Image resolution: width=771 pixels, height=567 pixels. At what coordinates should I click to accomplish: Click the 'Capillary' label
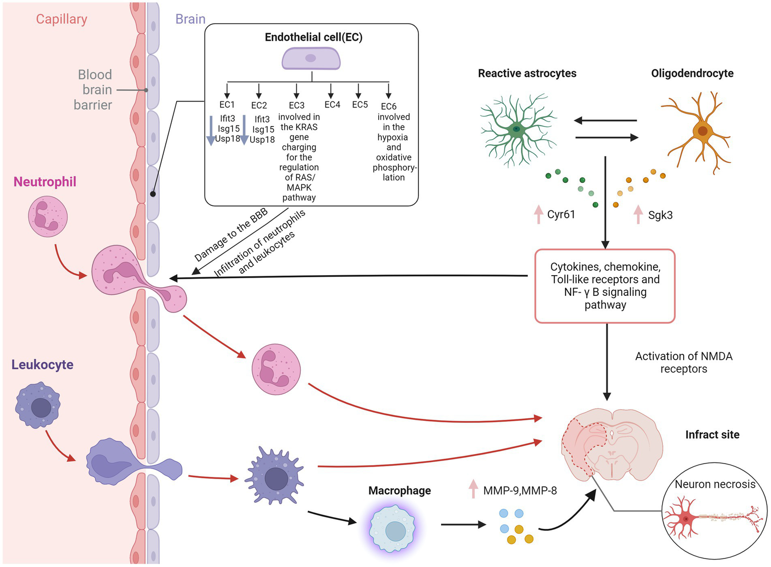click(61, 19)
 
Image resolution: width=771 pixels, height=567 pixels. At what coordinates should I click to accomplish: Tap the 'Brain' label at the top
click(190, 19)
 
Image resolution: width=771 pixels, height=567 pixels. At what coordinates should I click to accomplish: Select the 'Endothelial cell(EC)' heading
click(313, 37)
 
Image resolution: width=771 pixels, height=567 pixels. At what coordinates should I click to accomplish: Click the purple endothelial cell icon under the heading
click(311, 58)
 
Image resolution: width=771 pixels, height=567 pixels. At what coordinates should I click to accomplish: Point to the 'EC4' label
click(332, 104)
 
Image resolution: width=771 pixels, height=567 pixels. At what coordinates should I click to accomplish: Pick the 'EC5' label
click(360, 104)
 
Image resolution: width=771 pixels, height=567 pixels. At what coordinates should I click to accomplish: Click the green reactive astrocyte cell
click(517, 129)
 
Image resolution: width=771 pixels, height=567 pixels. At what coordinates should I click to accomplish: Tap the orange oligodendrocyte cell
click(701, 131)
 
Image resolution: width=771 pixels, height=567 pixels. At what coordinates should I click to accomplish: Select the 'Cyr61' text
click(561, 215)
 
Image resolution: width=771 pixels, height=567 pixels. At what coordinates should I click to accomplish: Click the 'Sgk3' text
click(660, 215)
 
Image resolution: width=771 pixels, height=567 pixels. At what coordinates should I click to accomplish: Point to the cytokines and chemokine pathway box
click(605, 286)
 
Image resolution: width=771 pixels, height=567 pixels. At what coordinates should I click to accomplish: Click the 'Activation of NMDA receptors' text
click(683, 362)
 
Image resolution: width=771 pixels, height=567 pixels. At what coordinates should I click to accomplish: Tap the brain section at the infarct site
click(611, 442)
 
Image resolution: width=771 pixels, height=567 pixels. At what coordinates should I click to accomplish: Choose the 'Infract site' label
click(712, 435)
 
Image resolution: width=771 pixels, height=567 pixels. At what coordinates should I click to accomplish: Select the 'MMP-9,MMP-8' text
click(520, 491)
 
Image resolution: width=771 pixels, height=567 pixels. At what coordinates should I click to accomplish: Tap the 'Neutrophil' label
click(45, 182)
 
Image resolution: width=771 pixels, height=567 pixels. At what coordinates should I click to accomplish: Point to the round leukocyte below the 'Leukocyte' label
click(39, 405)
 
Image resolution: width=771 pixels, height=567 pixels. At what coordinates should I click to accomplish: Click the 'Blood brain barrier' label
click(93, 89)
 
